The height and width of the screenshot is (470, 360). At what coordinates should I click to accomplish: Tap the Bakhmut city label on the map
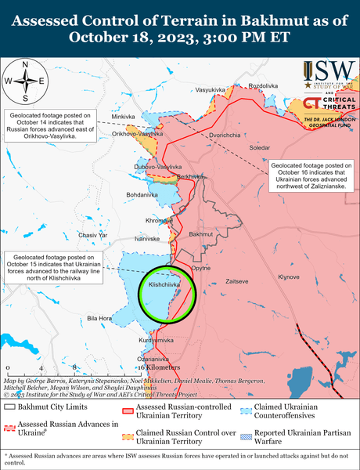pyautogui.click(x=201, y=234)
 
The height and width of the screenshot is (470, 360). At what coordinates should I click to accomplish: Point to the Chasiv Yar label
pyautogui.click(x=92, y=235)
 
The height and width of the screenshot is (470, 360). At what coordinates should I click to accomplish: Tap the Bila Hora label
pyautogui.click(x=99, y=318)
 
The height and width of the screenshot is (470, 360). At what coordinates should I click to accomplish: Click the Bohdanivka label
pyautogui.click(x=142, y=193)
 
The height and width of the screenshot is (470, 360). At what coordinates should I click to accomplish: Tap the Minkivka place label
pyautogui.click(x=124, y=117)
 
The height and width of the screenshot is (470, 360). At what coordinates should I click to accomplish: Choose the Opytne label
pyautogui.click(x=201, y=267)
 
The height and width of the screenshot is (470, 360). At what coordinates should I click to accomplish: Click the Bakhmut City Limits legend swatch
pyautogui.click(x=10, y=407)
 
